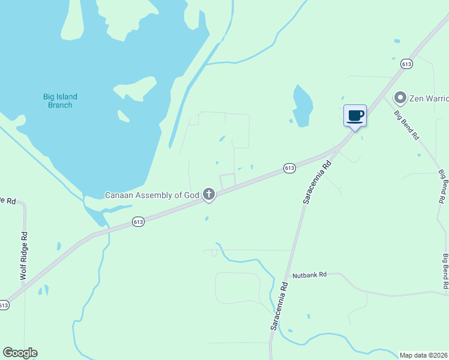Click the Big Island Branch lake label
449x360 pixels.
pyautogui.click(x=60, y=101)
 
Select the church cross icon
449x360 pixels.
pyautogui.click(x=209, y=194)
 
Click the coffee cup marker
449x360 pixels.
pyautogui.click(x=355, y=115)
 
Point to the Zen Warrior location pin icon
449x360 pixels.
pyautogui.click(x=400, y=97)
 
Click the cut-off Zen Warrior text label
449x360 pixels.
pyautogui.click(x=429, y=97)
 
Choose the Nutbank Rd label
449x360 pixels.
pyautogui.click(x=309, y=275)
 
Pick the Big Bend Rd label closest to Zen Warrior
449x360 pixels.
pyautogui.click(x=406, y=125)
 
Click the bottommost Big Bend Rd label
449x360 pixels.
pyautogui.click(x=445, y=273)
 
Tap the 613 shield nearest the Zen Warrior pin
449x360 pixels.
pyautogui.click(x=407, y=64)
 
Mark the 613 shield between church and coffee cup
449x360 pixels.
pyautogui.click(x=289, y=168)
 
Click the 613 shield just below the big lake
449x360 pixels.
pyautogui.click(x=139, y=222)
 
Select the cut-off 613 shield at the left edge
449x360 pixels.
pyautogui.click(x=4, y=305)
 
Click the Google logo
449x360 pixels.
pyautogui.click(x=20, y=353)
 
